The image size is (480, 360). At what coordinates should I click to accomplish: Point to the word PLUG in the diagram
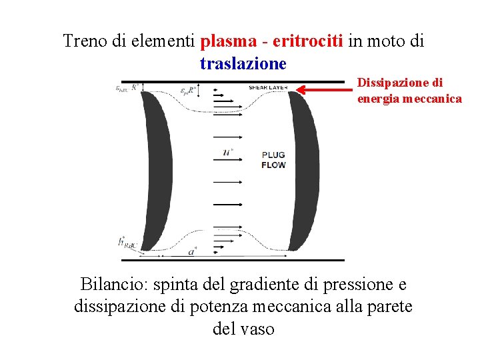tap(273, 154)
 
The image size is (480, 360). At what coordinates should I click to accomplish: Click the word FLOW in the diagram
tap(273, 164)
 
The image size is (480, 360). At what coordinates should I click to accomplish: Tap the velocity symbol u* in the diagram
tap(229, 153)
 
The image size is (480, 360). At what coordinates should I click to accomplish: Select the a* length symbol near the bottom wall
tap(192, 252)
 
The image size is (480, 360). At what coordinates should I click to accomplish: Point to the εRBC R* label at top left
tap(127, 87)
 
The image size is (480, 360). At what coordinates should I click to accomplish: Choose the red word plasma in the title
tap(227, 41)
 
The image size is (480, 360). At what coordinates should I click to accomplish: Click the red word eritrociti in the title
tap(308, 41)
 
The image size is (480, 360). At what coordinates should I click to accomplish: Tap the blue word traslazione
tap(243, 63)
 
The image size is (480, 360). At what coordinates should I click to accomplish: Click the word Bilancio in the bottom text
tap(114, 285)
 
